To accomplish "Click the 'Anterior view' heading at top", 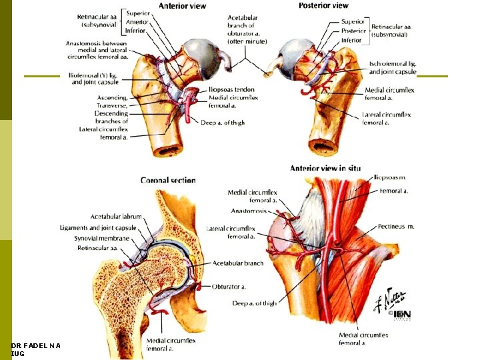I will pyautogui.click(x=182, y=6).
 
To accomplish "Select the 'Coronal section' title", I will pyautogui.click(x=168, y=180).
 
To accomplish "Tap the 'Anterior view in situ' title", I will pyautogui.click(x=325, y=169).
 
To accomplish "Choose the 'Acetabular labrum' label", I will pyautogui.click(x=117, y=217).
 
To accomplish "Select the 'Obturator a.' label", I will pyautogui.click(x=229, y=287).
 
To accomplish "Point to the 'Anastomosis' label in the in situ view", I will pyautogui.click(x=248, y=211).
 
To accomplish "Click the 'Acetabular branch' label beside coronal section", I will pyautogui.click(x=238, y=263).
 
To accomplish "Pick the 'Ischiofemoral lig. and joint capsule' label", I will pyautogui.click(x=393, y=68).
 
